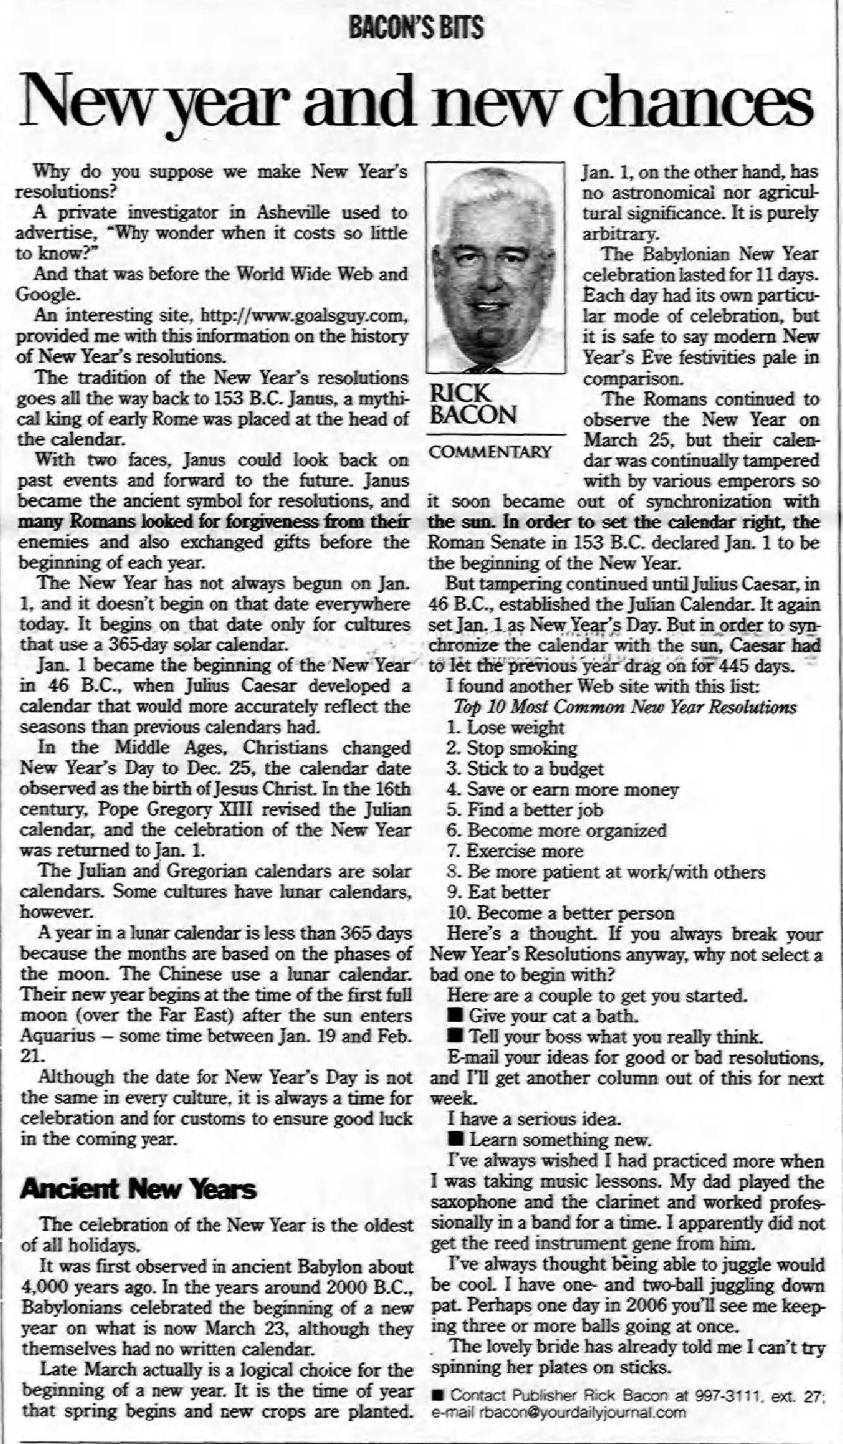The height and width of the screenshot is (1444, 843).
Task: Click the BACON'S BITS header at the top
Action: [x=416, y=28]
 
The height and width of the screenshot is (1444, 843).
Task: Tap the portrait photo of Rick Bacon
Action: [x=495, y=267]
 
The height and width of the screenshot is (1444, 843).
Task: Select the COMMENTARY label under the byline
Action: [x=490, y=452]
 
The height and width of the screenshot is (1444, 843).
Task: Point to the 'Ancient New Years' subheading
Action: [x=138, y=1189]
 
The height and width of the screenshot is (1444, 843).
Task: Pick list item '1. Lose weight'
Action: [x=505, y=728]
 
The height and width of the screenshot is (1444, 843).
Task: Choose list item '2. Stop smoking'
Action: [x=512, y=749]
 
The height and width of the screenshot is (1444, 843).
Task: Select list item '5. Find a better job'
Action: [x=524, y=810]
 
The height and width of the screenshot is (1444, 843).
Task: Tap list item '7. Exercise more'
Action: [x=515, y=851]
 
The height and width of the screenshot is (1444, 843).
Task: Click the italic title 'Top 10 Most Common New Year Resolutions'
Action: [x=625, y=707]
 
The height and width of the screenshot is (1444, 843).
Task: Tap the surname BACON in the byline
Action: [x=472, y=415]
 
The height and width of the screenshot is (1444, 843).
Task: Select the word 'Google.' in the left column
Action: [x=48, y=294]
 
